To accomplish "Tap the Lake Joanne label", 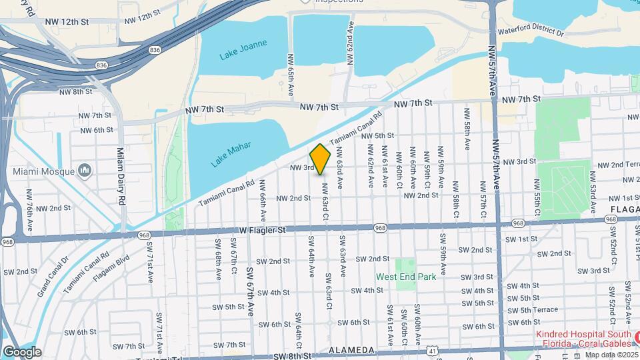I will tap(243, 50).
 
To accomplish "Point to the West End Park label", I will tap(406, 277).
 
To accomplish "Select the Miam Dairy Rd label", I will tap(121, 176).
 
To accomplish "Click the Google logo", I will tap(22, 352).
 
